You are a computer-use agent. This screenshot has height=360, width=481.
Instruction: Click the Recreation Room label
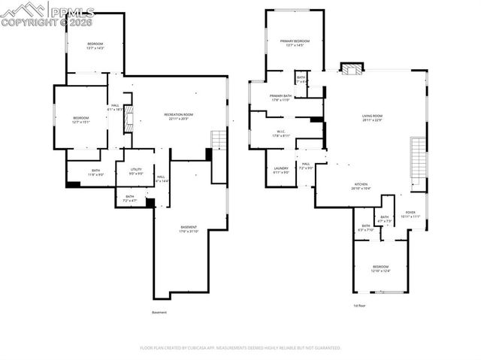point(176,116)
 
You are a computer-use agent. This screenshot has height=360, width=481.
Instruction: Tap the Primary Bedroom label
point(295,43)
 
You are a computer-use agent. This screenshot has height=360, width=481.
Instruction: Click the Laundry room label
point(281,170)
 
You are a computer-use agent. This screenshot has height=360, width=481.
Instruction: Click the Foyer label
point(410,214)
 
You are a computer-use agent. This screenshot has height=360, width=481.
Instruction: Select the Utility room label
point(135,171)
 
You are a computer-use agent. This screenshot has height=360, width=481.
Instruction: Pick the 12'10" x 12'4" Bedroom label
point(381,269)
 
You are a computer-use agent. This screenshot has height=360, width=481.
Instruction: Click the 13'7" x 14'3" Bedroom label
point(95,46)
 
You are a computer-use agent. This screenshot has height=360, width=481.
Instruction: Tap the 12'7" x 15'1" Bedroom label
point(80,119)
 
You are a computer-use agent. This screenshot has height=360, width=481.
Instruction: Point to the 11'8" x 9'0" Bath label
point(96,172)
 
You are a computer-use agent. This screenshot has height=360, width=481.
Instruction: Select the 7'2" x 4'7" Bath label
point(130,198)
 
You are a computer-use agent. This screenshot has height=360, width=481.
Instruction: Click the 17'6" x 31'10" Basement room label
point(189,228)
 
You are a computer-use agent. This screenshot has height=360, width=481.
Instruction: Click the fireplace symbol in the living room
point(351,69)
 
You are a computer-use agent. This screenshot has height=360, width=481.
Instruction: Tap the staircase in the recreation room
point(217,139)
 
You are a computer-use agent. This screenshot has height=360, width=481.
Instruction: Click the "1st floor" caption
point(360,306)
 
